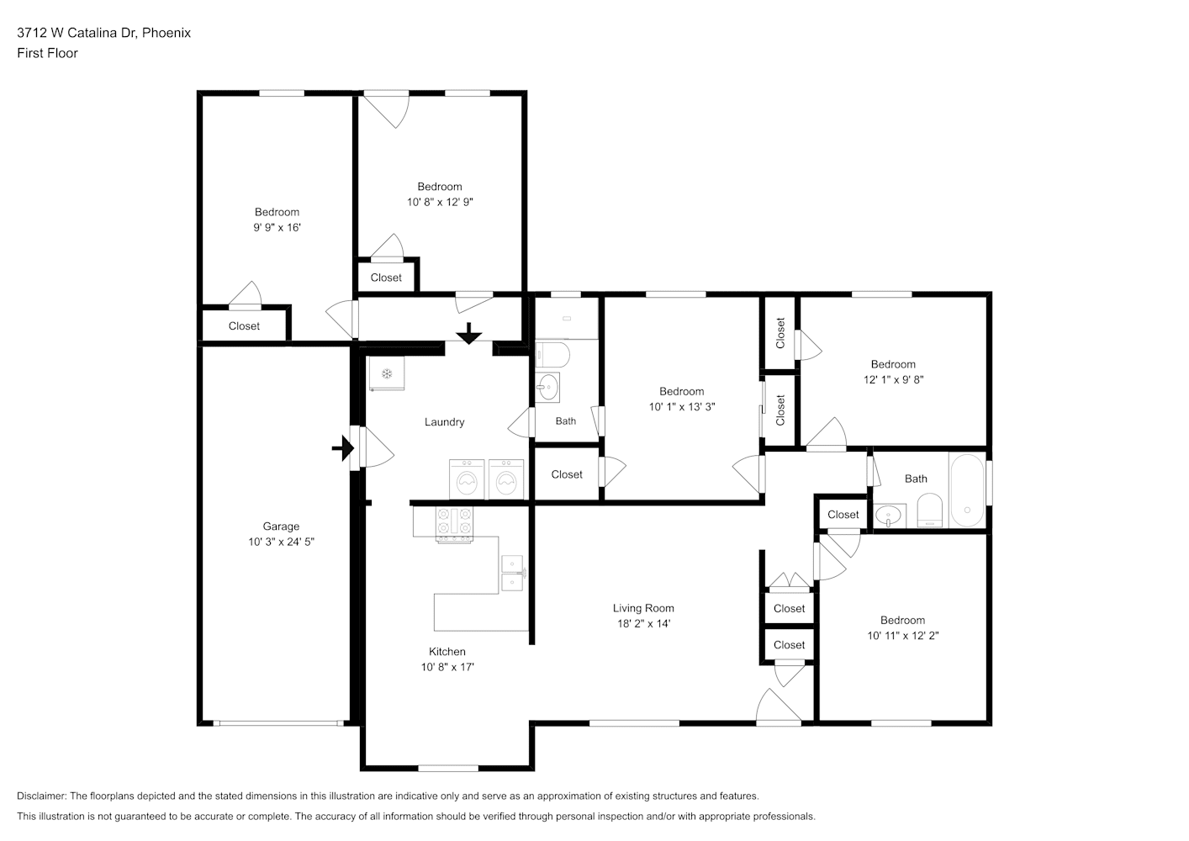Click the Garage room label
(281, 526)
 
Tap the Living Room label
(643, 608)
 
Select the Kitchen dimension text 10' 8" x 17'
(447, 667)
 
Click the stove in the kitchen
(454, 525)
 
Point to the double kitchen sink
(512, 574)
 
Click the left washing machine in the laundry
(467, 479)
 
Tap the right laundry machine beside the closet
(506, 479)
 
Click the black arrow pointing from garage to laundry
(343, 448)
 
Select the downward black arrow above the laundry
(468, 333)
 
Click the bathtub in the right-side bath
(967, 490)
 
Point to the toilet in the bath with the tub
(929, 510)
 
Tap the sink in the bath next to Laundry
(547, 388)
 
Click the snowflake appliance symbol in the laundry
(387, 373)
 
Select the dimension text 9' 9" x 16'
(277, 227)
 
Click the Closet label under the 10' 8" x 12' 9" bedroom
(386, 278)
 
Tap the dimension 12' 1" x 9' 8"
(893, 379)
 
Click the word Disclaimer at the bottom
(42, 796)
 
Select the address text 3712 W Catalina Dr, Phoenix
(104, 33)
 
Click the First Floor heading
(47, 53)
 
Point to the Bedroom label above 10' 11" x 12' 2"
(902, 620)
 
